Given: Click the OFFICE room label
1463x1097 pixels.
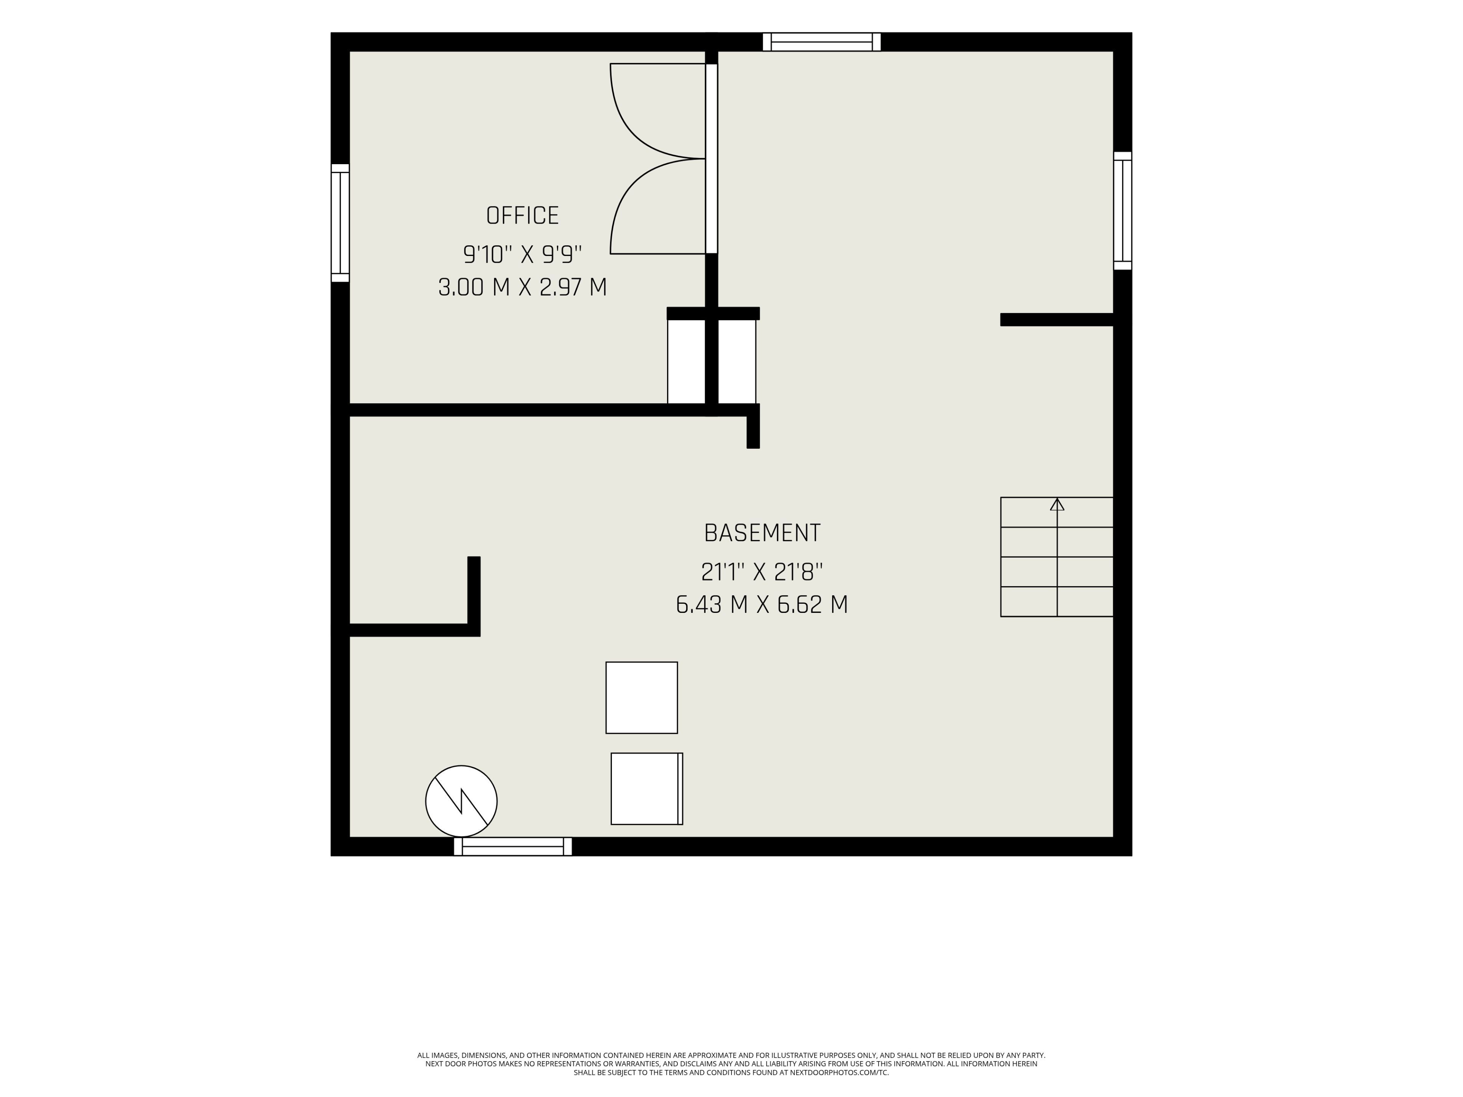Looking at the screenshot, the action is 522,216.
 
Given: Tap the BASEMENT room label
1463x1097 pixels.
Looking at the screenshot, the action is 762,533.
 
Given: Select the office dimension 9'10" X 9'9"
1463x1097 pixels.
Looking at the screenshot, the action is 522,254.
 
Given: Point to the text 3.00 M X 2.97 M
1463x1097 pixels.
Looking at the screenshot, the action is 522,287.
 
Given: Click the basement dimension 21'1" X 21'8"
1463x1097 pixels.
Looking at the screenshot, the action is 762,571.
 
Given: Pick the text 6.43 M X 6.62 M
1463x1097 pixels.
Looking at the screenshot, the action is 762,604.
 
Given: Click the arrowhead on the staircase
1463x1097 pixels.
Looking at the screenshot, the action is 1057,505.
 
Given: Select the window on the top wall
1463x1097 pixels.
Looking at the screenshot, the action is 821,42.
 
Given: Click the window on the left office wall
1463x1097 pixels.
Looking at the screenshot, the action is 340,223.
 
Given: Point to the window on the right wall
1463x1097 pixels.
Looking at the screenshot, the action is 1122,211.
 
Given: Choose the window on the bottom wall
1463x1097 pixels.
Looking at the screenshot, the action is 512,846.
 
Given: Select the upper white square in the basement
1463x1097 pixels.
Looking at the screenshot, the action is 642,697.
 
